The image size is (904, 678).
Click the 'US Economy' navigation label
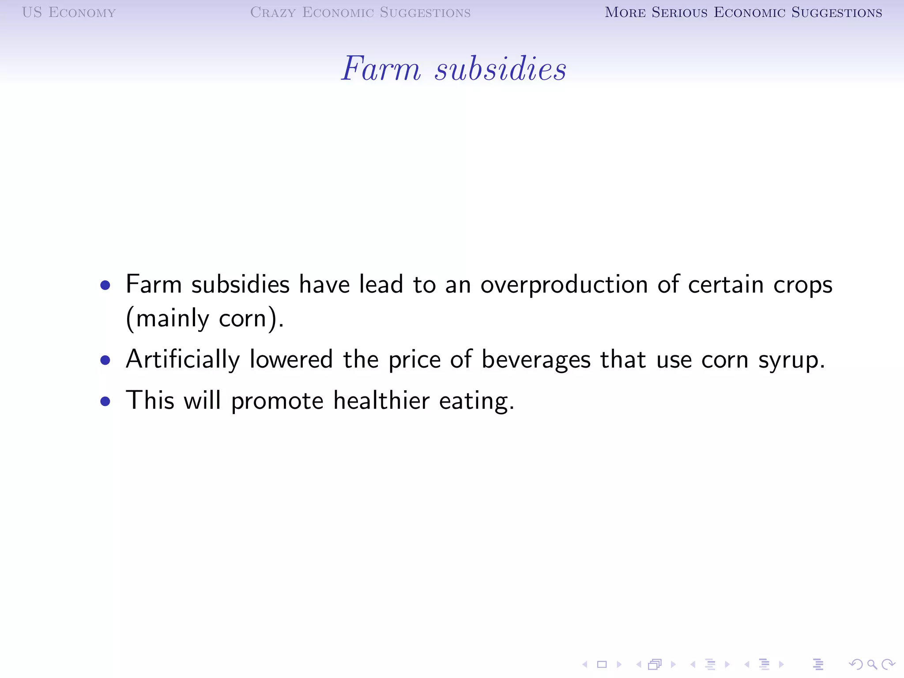69,12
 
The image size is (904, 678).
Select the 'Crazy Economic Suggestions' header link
360,12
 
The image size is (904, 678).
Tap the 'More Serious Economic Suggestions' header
743,12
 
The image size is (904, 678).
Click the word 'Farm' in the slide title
381,69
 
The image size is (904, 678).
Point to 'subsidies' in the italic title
501,69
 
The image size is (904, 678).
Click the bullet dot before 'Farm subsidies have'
105,285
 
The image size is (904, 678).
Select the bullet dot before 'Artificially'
105,361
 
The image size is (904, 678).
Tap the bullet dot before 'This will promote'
105,401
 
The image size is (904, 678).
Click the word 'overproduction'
564,285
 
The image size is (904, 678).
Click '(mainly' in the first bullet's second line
167,319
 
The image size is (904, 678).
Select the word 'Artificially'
183,360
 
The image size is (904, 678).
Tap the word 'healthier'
381,401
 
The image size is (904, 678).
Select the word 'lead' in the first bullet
381,284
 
